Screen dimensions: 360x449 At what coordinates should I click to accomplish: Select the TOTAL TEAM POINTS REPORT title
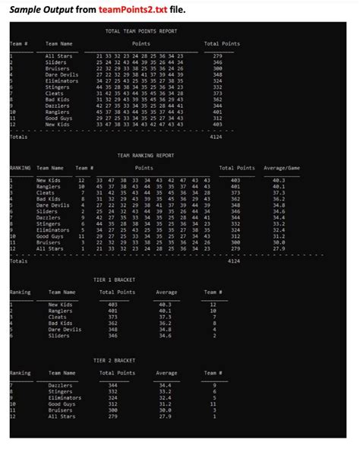coord(141,31)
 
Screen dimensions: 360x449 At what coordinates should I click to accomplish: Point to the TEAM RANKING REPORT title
coord(146,155)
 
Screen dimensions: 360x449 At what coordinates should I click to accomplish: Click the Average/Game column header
coord(282,168)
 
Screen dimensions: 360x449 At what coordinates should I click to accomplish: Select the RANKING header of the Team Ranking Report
coord(20,168)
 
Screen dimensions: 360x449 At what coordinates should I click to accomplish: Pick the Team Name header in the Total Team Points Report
coord(59,44)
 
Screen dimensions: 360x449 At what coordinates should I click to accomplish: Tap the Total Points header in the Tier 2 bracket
coord(117,373)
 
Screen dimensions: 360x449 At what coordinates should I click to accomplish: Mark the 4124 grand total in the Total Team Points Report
coord(216,138)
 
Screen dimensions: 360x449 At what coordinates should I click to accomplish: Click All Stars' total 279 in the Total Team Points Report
coord(217,56)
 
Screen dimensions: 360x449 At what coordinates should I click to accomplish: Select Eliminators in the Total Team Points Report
coord(62,81)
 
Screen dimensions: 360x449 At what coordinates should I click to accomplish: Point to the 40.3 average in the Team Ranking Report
coord(279,180)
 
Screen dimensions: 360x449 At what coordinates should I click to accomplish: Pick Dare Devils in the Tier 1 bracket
coord(65,329)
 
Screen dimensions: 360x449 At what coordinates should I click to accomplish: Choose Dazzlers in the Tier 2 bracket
coord(60,386)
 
